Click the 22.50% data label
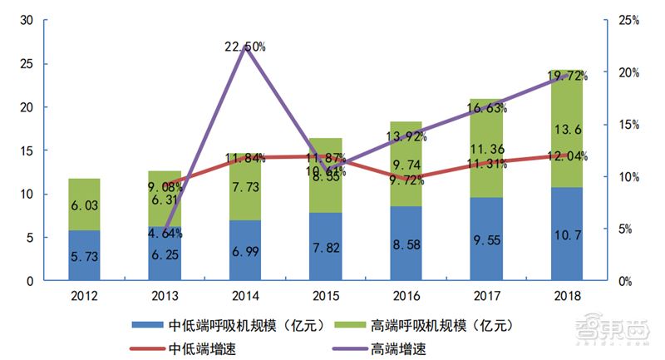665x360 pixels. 244,47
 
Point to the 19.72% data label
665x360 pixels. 569,76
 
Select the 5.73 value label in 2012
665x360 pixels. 84,258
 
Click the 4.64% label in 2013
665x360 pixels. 166,234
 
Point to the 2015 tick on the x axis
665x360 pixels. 326,295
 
